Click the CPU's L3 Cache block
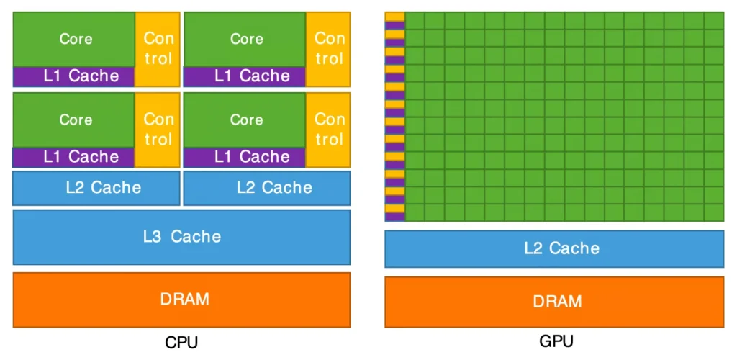click(x=181, y=236)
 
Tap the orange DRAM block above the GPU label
click(x=554, y=301)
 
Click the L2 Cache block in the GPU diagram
click(x=554, y=248)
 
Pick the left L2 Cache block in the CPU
click(x=96, y=188)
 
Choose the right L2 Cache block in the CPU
click(x=267, y=188)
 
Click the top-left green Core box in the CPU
click(x=74, y=39)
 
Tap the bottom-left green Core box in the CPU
click(x=74, y=120)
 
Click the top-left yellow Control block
click(x=158, y=48)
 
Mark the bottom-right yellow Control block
click(x=328, y=129)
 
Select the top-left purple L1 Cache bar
click(x=74, y=76)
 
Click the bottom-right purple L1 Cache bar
click(x=245, y=156)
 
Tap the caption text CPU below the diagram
click(x=181, y=342)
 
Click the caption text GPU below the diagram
click(x=556, y=341)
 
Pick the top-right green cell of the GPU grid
click(x=714, y=20)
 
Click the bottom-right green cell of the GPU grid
click(x=714, y=212)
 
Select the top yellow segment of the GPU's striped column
click(x=394, y=16)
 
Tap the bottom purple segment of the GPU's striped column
click(x=394, y=217)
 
